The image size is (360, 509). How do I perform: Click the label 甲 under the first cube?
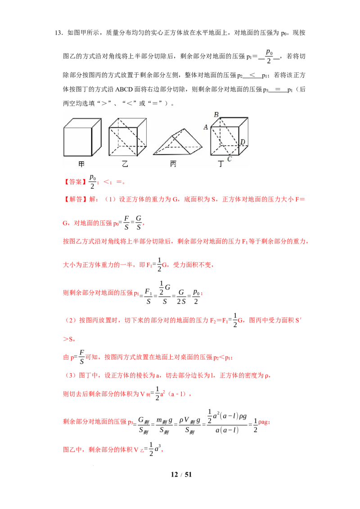pyautogui.click(x=81, y=164)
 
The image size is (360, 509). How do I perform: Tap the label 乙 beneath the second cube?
pyautogui.click(x=125, y=164)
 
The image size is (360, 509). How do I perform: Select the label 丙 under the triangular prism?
pyautogui.click(x=173, y=164)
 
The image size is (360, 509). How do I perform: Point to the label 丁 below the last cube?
pyautogui.click(x=220, y=164)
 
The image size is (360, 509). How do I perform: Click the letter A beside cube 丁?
pyautogui.click(x=206, y=127)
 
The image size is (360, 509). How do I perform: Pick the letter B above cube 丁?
pyautogui.click(x=216, y=115)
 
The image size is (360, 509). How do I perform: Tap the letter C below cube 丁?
pyautogui.click(x=229, y=159)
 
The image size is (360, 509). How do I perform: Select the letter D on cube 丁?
pyautogui.click(x=243, y=143)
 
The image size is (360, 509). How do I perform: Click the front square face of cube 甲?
pyautogui.click(x=77, y=142)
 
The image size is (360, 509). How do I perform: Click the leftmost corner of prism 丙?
pyautogui.click(x=153, y=154)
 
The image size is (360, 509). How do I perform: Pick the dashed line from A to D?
pyautogui.click(x=225, y=135)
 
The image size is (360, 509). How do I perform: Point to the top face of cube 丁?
pyautogui.click(x=229, y=122)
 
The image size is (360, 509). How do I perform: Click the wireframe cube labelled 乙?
pyautogui.click(x=128, y=137)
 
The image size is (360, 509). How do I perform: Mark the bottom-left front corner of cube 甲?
pyautogui.click(x=64, y=156)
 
